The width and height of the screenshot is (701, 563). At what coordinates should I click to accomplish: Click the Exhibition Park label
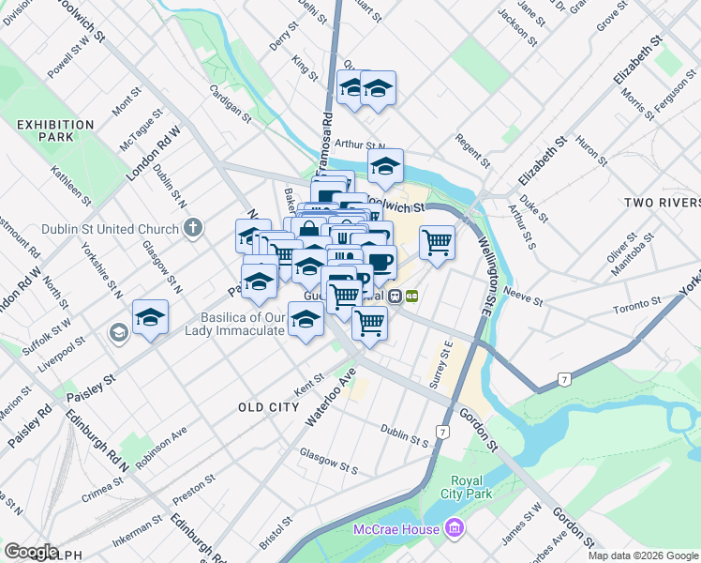tap(55, 130)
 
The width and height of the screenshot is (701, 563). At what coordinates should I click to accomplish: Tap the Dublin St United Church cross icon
tap(193, 228)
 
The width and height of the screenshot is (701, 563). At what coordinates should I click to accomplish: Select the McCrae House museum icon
tap(455, 529)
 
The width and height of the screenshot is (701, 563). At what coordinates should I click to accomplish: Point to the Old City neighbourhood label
tap(268, 407)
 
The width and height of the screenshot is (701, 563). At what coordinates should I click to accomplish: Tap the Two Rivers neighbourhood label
tap(662, 203)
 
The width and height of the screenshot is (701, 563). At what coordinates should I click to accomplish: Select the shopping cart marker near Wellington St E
tap(438, 242)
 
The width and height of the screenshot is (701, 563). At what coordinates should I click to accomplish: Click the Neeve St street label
tap(524, 300)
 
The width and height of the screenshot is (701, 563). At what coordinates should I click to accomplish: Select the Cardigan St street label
tap(231, 102)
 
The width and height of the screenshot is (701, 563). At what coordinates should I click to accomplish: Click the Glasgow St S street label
tap(329, 461)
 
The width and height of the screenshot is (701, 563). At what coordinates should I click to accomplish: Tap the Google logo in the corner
tap(31, 552)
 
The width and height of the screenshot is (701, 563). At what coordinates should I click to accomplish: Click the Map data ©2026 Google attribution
tap(642, 555)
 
